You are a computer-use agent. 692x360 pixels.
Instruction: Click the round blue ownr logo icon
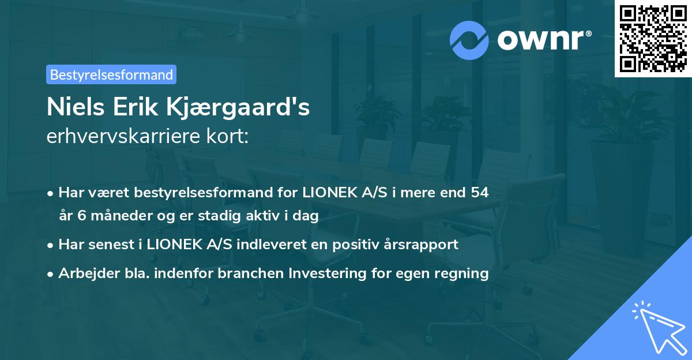pyautogui.click(x=469, y=40)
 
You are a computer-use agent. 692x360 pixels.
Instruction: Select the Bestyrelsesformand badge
pyautogui.click(x=111, y=74)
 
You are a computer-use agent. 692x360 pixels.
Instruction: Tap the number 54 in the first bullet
pyautogui.click(x=479, y=192)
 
